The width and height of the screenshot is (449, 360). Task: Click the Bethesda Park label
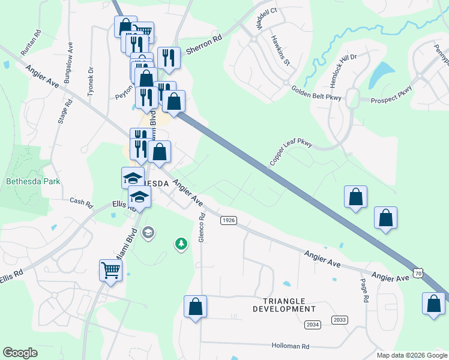coord(34,181)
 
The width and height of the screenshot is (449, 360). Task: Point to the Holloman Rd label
coord(290,346)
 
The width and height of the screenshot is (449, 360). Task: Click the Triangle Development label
coord(284,305)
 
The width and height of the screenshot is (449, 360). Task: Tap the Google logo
coord(20,353)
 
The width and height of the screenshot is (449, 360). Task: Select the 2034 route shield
coord(313,325)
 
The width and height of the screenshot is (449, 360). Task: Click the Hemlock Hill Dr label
coord(343,64)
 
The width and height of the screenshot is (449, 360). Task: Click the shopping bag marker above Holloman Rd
coord(195,307)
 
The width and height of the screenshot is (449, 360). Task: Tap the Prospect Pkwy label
coord(391,95)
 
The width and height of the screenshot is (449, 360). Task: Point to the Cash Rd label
coord(81,202)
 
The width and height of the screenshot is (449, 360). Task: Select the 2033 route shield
coord(340,320)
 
